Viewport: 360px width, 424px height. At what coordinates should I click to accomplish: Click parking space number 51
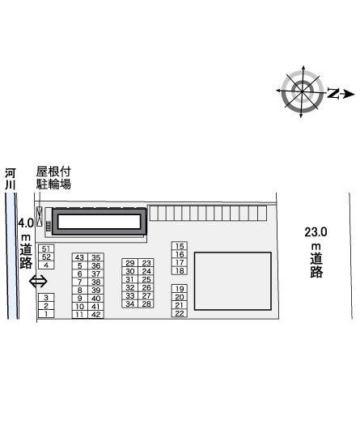46,248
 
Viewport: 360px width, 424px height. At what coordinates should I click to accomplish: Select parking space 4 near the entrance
46,265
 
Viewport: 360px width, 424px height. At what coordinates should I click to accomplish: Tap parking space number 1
46,314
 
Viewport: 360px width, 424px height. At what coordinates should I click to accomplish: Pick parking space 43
80,257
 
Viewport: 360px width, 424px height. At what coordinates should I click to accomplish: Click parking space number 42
96,315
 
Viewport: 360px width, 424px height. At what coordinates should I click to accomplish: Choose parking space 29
130,263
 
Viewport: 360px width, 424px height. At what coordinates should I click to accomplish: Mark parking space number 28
146,303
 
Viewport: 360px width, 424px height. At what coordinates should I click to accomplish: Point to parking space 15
180,246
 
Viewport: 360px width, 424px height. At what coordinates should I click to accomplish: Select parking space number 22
180,313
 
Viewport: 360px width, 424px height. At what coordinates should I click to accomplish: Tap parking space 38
96,282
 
